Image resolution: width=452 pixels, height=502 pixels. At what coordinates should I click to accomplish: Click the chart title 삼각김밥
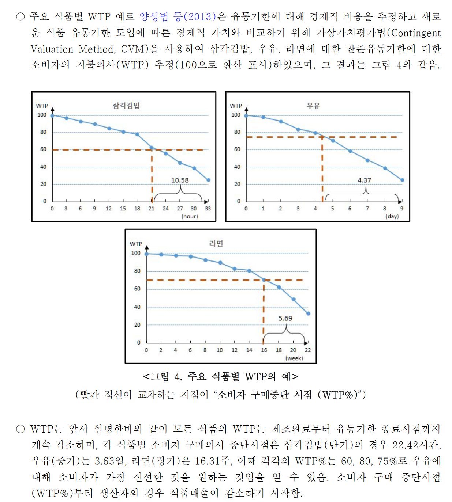126,106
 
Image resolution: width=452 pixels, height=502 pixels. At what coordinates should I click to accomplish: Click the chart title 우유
313,106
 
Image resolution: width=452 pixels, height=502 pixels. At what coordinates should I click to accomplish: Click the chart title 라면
216,243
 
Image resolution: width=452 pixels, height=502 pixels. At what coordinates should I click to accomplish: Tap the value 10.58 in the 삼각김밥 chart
180,180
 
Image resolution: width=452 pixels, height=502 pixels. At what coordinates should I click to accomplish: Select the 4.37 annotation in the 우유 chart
364,180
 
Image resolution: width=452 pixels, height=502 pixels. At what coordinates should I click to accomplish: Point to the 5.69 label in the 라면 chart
285,318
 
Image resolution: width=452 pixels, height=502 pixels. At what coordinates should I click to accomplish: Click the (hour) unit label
190,216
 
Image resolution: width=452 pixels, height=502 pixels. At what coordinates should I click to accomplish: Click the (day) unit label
392,216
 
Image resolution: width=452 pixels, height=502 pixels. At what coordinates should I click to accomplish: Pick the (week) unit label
294,358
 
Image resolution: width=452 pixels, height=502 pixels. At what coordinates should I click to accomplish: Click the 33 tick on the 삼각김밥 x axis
208,209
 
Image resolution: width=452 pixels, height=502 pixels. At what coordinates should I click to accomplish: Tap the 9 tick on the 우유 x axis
401,209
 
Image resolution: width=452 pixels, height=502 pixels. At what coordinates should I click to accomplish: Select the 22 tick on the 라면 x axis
308,350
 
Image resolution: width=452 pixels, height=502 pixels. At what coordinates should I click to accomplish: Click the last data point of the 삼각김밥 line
208,180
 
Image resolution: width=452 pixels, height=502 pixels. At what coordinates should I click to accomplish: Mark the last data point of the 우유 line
402,180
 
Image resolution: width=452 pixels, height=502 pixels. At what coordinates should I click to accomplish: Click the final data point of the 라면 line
308,313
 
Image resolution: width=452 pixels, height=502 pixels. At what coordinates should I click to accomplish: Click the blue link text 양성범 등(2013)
178,17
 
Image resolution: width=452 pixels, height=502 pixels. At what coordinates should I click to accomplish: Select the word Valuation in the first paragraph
52,49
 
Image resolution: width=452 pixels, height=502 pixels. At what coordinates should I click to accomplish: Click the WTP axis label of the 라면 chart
136,244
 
